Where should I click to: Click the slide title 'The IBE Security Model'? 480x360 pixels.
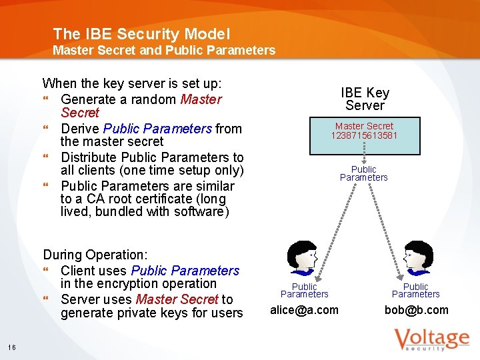click(x=141, y=33)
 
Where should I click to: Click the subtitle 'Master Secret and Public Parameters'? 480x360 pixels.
click(x=163, y=50)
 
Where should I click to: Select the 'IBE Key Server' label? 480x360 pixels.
click(x=365, y=99)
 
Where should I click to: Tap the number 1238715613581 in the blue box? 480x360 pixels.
click(x=364, y=135)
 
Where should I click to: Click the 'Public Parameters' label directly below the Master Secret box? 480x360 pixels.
click(x=363, y=173)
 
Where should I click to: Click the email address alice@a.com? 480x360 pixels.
click(x=304, y=310)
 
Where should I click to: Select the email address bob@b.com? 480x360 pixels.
click(x=416, y=310)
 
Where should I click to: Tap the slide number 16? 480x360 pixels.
click(x=12, y=347)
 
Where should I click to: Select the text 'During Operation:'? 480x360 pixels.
click(x=95, y=255)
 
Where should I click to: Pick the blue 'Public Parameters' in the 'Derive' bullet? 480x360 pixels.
click(x=158, y=129)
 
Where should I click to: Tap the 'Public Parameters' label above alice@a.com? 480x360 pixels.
click(x=304, y=290)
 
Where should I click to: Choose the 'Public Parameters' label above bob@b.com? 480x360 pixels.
click(x=415, y=290)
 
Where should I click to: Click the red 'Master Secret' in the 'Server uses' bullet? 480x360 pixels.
click(x=177, y=300)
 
